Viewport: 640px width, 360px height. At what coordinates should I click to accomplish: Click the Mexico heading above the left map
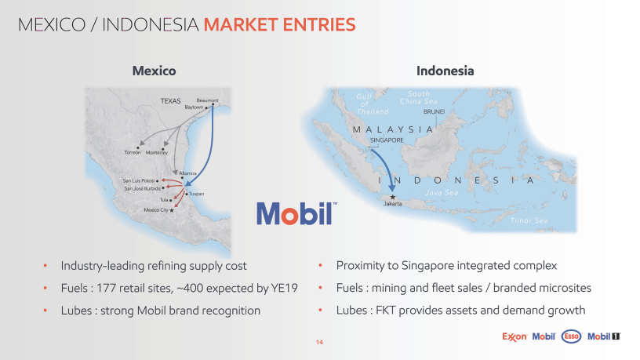click(154, 71)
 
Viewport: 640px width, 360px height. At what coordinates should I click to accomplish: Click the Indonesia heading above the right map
click(445, 71)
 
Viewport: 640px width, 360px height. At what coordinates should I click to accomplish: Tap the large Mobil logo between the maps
click(296, 213)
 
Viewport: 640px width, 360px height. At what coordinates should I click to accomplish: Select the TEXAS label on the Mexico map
click(170, 101)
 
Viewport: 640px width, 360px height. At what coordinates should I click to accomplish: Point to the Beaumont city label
click(207, 100)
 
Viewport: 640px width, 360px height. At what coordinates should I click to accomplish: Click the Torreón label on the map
click(133, 152)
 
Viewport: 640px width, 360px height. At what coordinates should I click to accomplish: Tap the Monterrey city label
click(157, 153)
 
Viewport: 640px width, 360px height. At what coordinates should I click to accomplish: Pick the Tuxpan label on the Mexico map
click(196, 194)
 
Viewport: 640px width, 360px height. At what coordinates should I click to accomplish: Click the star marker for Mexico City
click(172, 210)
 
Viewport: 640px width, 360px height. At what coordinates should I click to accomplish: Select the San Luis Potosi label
click(139, 180)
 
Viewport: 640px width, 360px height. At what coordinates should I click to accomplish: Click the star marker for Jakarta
click(393, 197)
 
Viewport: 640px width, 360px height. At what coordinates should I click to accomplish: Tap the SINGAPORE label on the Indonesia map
click(387, 140)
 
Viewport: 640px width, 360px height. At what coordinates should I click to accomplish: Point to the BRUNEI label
click(434, 111)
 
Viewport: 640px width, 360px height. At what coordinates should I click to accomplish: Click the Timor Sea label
click(529, 220)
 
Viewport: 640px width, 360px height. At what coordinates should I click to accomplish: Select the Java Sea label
click(442, 192)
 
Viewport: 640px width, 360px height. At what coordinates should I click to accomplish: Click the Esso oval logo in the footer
click(572, 336)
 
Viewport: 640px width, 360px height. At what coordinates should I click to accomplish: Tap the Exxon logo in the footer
click(515, 336)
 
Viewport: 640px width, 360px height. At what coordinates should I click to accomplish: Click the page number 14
click(319, 342)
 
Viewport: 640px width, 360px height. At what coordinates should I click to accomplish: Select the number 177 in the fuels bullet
click(105, 288)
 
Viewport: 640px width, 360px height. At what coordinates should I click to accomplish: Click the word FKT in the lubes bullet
click(386, 311)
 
